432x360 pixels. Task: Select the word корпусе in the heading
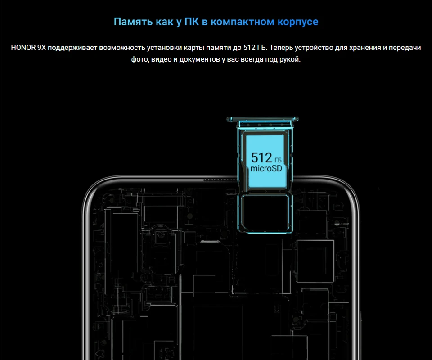click(298, 22)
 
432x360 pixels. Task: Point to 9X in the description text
click(43, 47)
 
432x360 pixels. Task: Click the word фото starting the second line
click(140, 59)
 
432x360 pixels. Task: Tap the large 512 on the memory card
click(261, 157)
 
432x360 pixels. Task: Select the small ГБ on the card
click(279, 159)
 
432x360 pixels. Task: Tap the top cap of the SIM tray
click(263, 120)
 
